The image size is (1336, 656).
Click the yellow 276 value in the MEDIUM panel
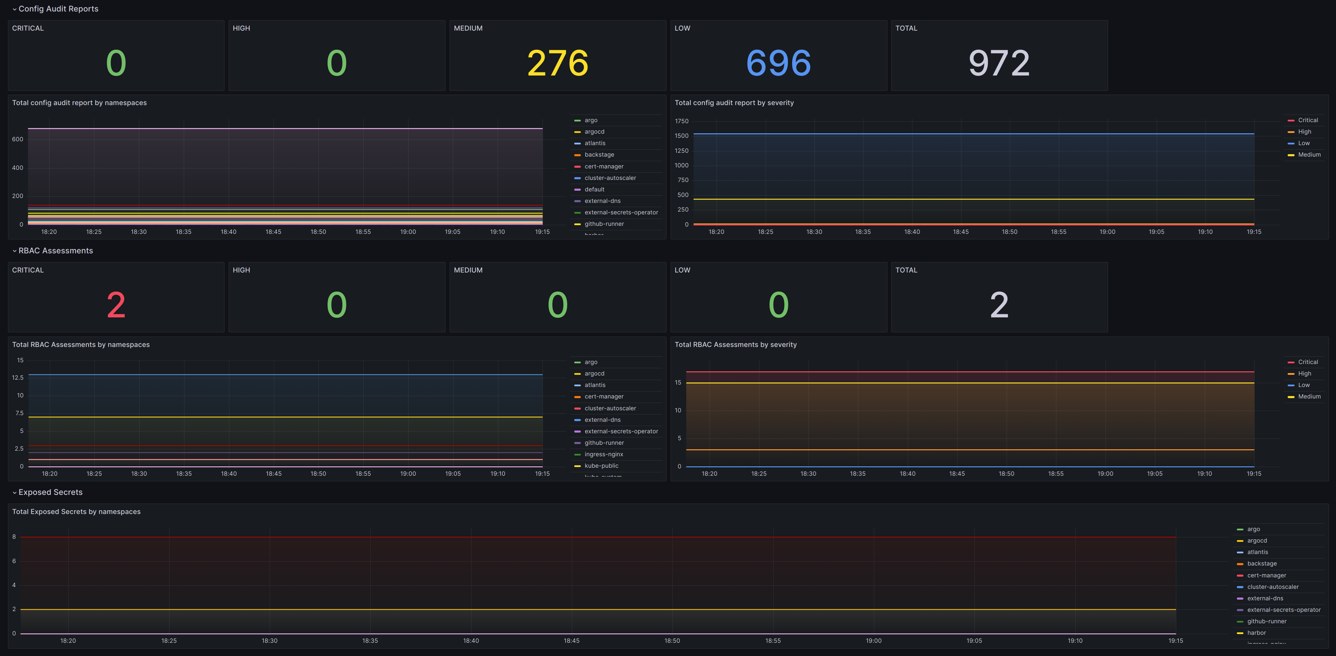(558, 63)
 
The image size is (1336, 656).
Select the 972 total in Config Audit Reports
(999, 63)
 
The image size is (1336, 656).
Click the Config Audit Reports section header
(58, 9)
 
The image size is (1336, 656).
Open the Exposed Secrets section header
(50, 492)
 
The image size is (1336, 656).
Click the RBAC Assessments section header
(55, 251)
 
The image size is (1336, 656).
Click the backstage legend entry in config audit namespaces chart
(599, 155)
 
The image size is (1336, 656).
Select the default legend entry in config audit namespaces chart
(594, 189)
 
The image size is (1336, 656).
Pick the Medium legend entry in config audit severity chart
(1309, 155)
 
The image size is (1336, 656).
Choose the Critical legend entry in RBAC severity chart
(1307, 362)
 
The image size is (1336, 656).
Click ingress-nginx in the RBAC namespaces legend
(604, 454)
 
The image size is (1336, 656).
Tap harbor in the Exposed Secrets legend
(1256, 633)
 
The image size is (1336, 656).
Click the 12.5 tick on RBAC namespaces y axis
(18, 378)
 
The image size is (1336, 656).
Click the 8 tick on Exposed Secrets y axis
(14, 537)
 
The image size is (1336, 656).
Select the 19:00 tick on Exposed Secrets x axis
(873, 640)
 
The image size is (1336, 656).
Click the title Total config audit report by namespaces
(79, 103)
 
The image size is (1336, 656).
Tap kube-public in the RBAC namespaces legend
(601, 466)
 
